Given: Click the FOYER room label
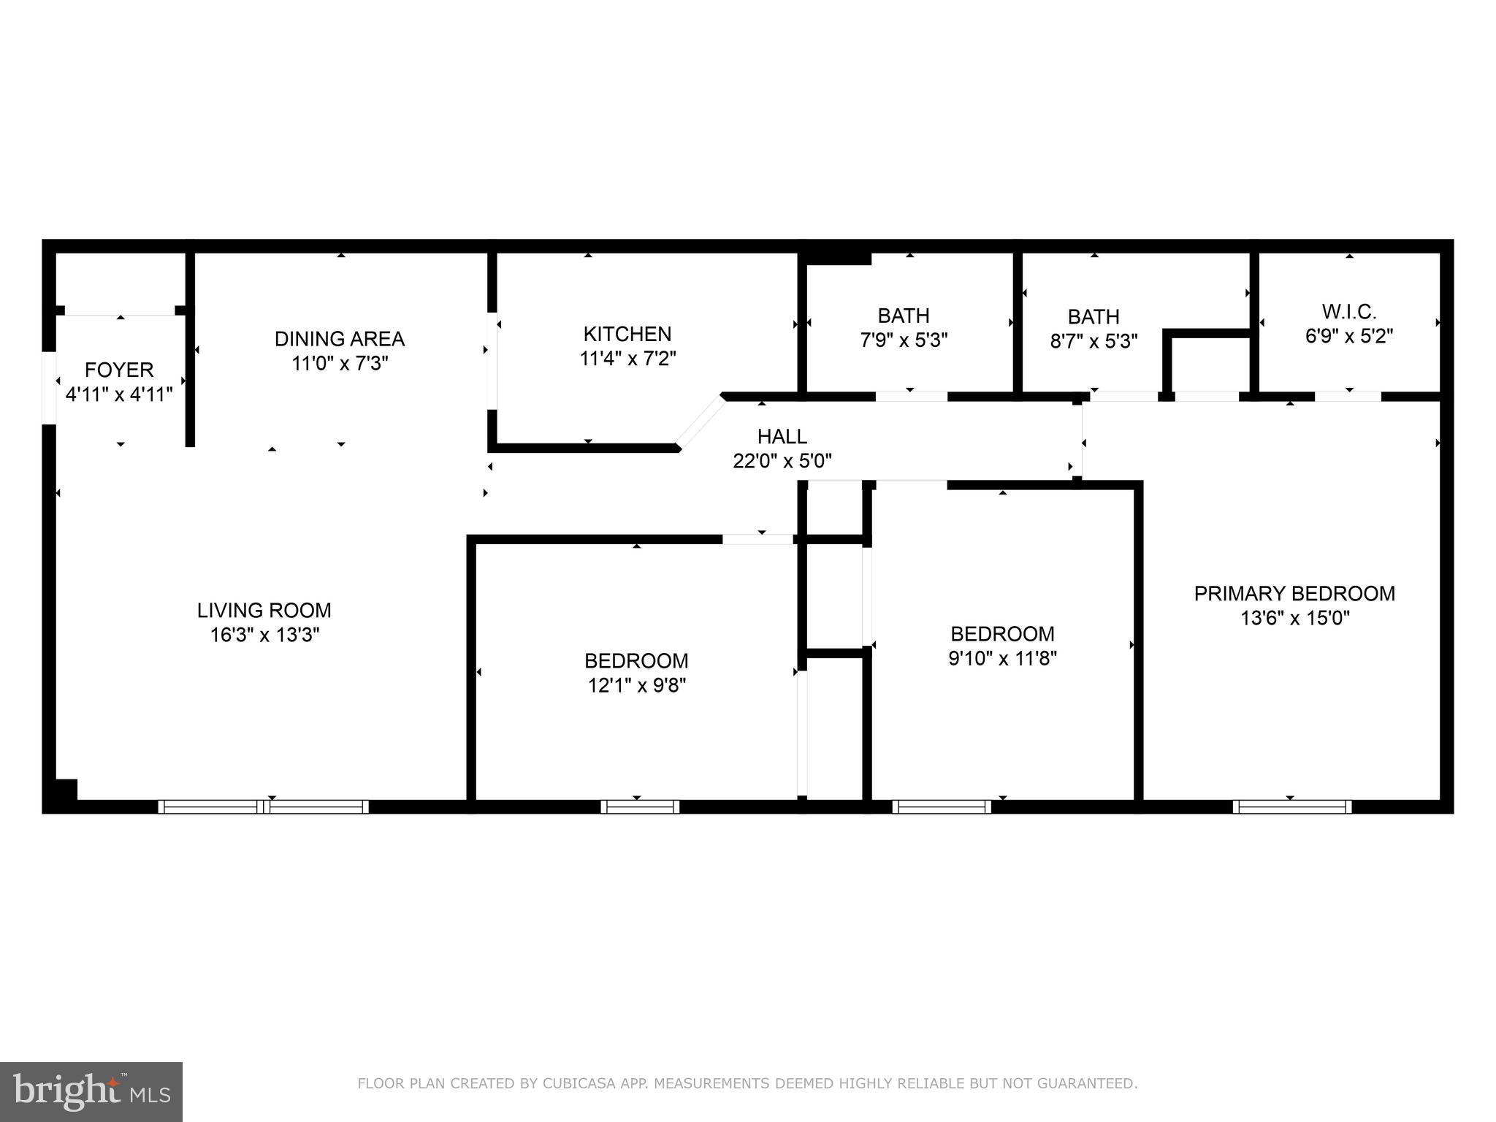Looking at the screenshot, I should [x=119, y=370].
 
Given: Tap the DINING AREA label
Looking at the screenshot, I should [x=340, y=339].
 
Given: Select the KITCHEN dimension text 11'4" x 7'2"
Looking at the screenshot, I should [x=628, y=359].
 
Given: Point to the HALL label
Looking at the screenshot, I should [x=782, y=437].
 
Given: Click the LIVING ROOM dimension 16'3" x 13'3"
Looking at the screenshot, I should [x=264, y=635].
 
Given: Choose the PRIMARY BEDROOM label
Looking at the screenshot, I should [x=1294, y=593].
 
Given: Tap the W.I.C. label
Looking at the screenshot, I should [x=1349, y=312].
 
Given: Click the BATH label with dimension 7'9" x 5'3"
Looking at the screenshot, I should [x=904, y=316].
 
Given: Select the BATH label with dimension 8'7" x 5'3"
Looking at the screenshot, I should [x=1094, y=317].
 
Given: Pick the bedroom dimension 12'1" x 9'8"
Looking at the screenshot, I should [x=636, y=685].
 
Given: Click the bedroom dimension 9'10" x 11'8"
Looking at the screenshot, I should [x=1002, y=658].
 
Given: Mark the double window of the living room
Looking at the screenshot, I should [x=264, y=806].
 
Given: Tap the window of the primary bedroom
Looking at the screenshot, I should [x=1291, y=806].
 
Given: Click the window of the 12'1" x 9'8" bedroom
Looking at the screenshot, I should [x=640, y=806].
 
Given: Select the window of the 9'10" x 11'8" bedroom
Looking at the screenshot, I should [x=942, y=806].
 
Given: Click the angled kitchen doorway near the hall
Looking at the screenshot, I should [x=700, y=421].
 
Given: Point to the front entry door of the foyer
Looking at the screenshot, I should [x=49, y=387].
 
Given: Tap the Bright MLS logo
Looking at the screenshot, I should [x=91, y=1091].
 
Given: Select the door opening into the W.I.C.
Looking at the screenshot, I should [x=1348, y=397].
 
